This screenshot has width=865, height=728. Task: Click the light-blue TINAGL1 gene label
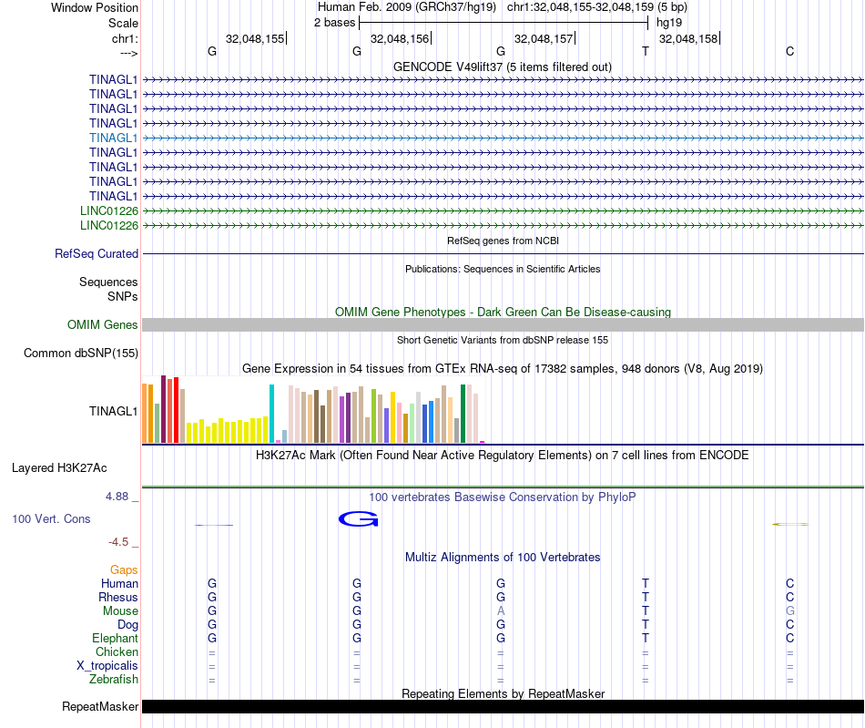coord(114,138)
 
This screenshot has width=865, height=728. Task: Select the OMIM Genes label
coord(103,325)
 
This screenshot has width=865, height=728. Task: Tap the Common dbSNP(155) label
coord(81,354)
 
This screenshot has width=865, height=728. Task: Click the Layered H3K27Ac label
coord(59,468)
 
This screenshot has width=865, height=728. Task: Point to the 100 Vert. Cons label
coord(51,518)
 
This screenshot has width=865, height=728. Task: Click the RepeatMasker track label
coord(100,707)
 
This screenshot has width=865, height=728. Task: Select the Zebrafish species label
coord(114,680)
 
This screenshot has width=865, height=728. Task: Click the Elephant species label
coord(115,639)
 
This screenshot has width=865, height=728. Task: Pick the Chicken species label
coord(117,652)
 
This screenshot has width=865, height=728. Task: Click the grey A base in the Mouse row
coord(501,610)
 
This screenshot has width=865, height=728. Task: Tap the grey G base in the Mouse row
coord(790,610)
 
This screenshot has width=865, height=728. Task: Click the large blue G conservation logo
coord(358,519)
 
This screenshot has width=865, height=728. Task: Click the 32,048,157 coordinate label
coord(544,39)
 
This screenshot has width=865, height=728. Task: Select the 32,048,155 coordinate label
coord(255,39)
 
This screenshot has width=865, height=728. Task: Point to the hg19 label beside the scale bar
coord(668,23)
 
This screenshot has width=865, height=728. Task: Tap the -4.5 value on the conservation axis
coord(118,542)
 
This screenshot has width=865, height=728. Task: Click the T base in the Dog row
coord(646,625)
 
